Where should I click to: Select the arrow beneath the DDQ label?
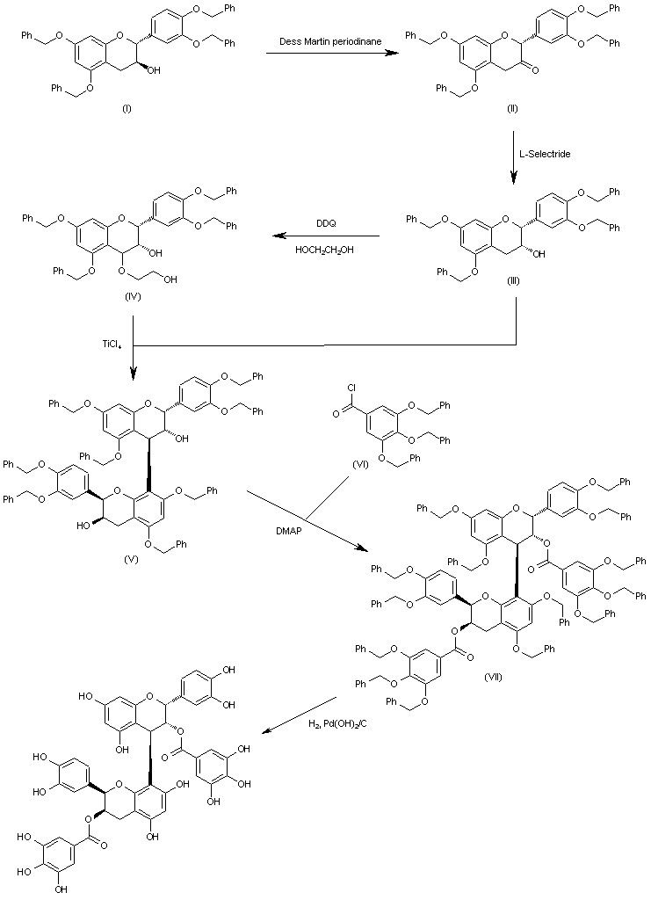[x=325, y=236]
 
